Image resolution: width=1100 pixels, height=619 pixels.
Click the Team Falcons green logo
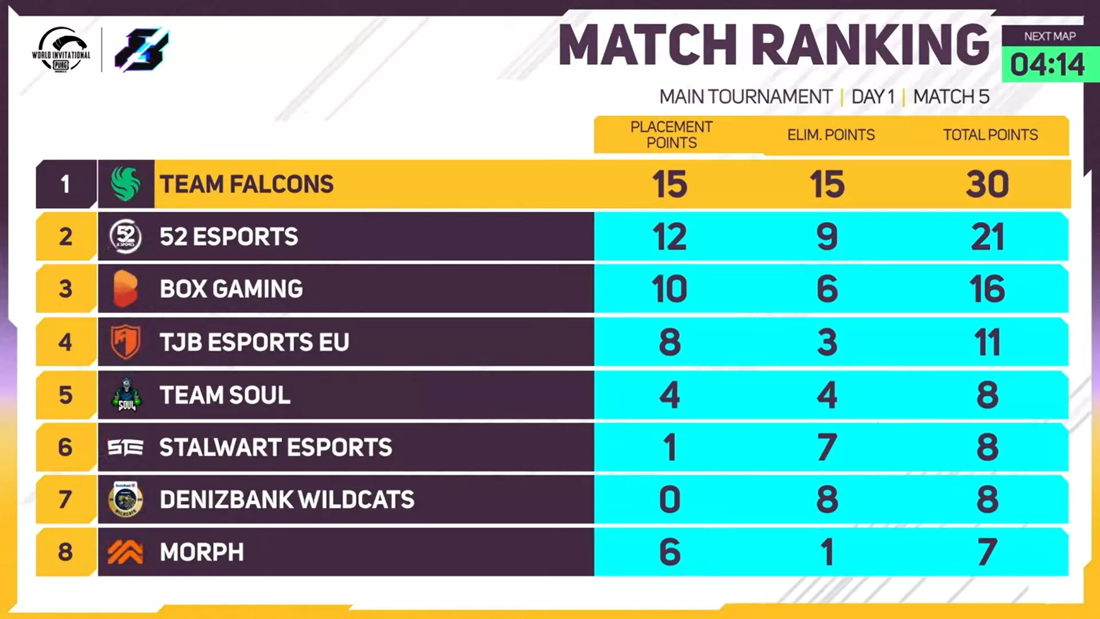(x=125, y=184)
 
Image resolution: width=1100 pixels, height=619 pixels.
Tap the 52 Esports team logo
(x=125, y=236)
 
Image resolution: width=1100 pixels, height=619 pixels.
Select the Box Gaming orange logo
(x=125, y=289)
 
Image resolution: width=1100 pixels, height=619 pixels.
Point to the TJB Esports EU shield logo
(x=125, y=342)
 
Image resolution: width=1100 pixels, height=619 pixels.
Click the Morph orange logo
(x=125, y=552)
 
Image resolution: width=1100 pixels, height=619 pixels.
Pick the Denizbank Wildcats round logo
(x=125, y=499)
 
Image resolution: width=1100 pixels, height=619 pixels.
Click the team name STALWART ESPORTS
(x=276, y=447)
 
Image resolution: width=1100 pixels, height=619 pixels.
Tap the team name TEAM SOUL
(x=225, y=395)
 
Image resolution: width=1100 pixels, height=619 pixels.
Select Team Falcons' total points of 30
(x=987, y=184)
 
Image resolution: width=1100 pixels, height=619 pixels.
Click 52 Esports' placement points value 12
(x=669, y=236)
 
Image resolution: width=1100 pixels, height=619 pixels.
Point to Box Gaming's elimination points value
(x=827, y=289)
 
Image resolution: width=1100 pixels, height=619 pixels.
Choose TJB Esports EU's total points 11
(x=987, y=342)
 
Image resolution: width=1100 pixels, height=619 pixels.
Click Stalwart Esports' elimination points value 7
(x=827, y=447)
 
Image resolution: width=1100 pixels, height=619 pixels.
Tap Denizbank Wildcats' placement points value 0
(x=669, y=499)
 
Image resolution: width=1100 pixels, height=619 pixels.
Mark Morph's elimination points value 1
(x=827, y=552)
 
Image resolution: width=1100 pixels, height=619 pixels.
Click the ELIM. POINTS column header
(x=831, y=135)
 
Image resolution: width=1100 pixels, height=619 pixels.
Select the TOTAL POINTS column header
(x=990, y=135)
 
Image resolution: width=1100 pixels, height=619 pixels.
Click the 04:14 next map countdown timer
(x=1047, y=64)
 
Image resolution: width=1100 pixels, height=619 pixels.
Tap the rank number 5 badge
(x=65, y=395)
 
